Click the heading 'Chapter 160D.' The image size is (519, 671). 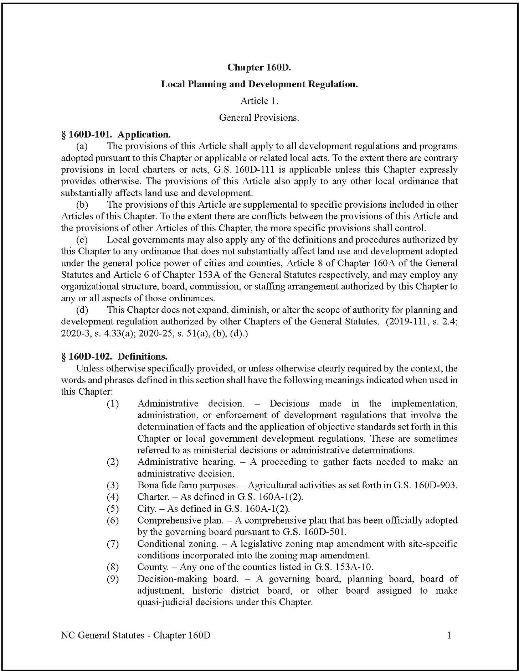coord(259,67)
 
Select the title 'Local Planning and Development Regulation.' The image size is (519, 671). coord(259,84)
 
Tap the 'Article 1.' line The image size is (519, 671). coord(259,101)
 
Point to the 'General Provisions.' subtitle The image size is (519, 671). coord(259,118)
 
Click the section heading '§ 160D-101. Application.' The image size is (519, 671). coord(116,135)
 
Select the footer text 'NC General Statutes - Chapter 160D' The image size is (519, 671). coord(136,635)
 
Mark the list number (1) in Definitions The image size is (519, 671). coord(113,404)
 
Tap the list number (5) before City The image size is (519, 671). coord(113,508)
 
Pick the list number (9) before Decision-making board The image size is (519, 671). coord(113,579)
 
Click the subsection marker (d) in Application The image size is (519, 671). coord(82,310)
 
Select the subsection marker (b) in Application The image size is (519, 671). coord(82,205)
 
